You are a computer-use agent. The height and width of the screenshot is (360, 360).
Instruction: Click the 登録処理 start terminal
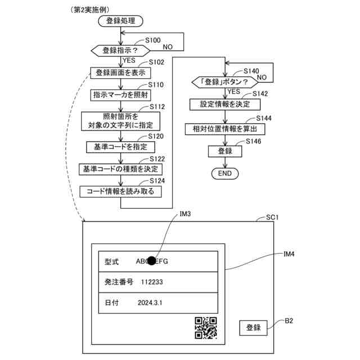(120, 21)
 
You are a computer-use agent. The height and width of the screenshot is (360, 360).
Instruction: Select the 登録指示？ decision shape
(120, 51)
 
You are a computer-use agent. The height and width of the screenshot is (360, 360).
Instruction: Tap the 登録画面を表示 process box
(120, 73)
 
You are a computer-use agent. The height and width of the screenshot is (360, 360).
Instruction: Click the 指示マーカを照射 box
(120, 95)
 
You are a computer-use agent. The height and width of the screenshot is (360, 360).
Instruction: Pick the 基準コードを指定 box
(120, 147)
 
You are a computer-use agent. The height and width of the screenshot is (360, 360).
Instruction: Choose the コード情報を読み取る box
(120, 191)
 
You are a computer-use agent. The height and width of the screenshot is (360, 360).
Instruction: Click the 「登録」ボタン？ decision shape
(225, 82)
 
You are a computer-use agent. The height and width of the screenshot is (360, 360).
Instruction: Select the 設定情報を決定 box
(225, 105)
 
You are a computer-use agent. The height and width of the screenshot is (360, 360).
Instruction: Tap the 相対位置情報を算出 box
(225, 129)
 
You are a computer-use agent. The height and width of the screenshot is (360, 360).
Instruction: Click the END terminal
(225, 173)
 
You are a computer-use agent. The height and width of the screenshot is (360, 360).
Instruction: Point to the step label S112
(157, 107)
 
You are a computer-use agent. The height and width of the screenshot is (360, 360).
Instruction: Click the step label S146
(254, 141)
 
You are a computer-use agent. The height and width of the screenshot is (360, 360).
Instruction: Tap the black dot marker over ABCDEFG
(151, 260)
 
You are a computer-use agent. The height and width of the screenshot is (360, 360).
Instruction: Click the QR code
(206, 328)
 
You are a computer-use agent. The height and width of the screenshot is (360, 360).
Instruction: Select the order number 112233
(152, 282)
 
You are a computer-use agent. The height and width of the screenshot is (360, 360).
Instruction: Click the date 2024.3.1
(150, 303)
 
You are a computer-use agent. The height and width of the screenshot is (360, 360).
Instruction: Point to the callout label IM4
(289, 254)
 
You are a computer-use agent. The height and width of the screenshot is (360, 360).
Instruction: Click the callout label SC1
(272, 217)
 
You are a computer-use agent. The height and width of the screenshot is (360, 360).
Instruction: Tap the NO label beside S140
(262, 78)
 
